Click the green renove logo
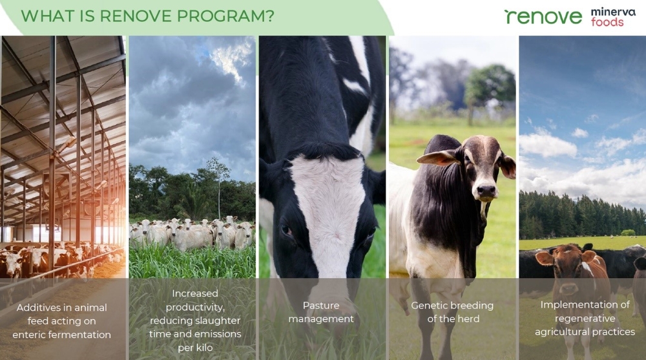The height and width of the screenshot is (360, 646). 543,16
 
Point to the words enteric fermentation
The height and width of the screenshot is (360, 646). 62,334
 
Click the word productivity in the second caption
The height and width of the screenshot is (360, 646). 194,307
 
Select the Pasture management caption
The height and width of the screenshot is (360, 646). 321,312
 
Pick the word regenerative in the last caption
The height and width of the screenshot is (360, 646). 585,319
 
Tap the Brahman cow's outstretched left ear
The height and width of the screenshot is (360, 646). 434,157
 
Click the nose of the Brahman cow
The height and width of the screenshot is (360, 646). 486,191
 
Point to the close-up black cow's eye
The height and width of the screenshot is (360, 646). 286,230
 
